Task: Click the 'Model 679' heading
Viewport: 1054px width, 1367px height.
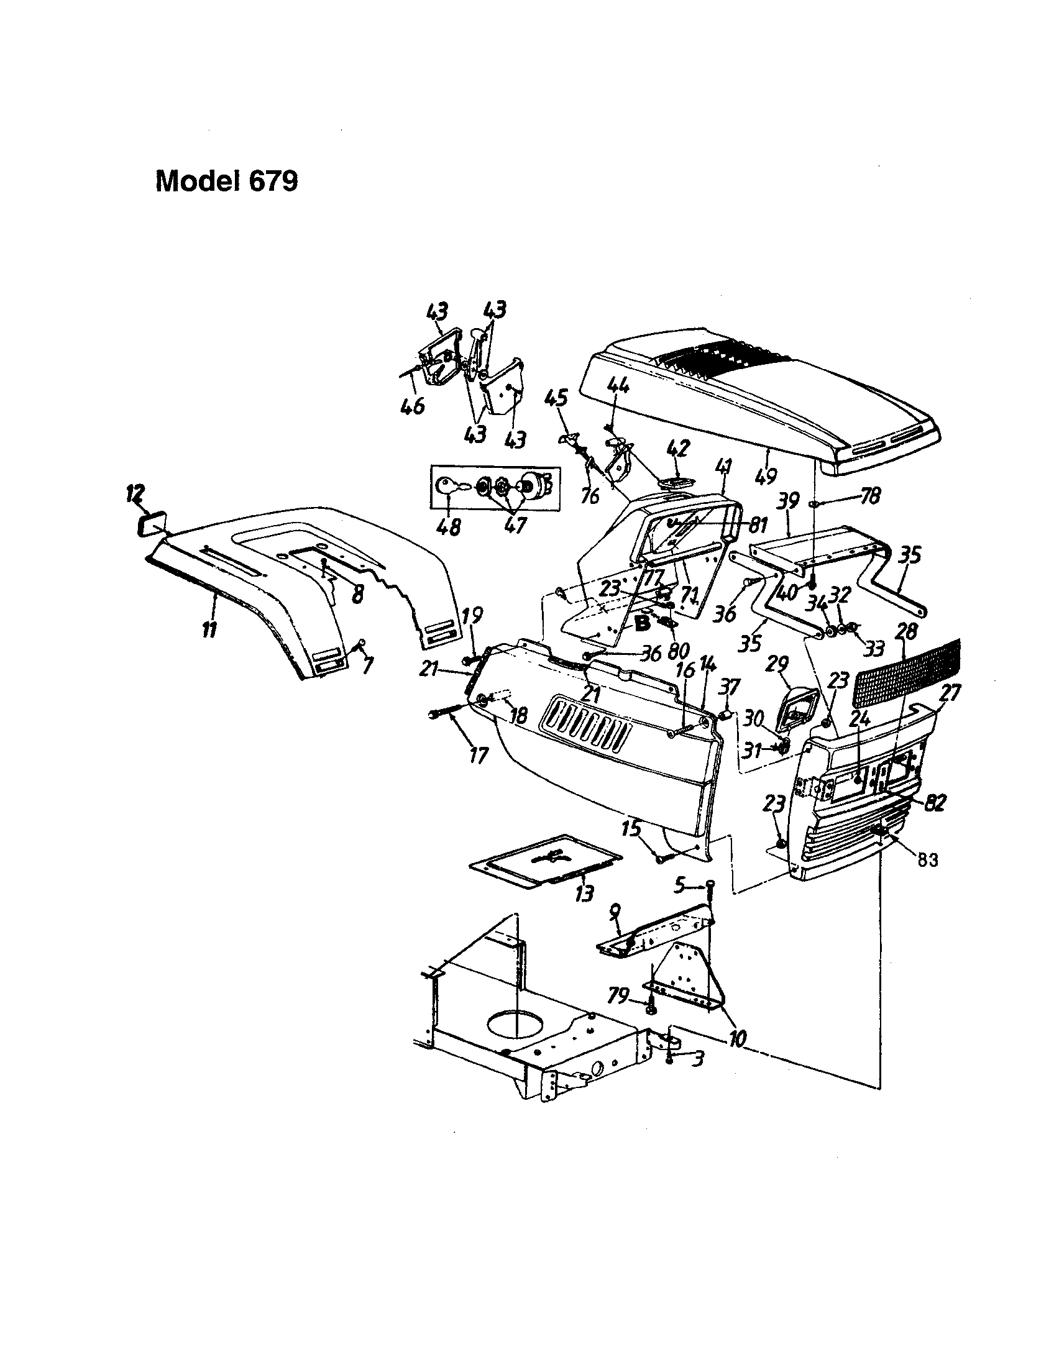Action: [x=227, y=181]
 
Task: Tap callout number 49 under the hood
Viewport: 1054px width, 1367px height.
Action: [x=766, y=477]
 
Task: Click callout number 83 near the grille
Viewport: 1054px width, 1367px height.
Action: [x=927, y=860]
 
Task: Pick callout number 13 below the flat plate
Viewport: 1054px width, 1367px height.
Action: [x=584, y=894]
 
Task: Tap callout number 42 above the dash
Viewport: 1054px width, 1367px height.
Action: [x=679, y=448]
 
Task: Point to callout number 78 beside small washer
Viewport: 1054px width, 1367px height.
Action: [x=869, y=496]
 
